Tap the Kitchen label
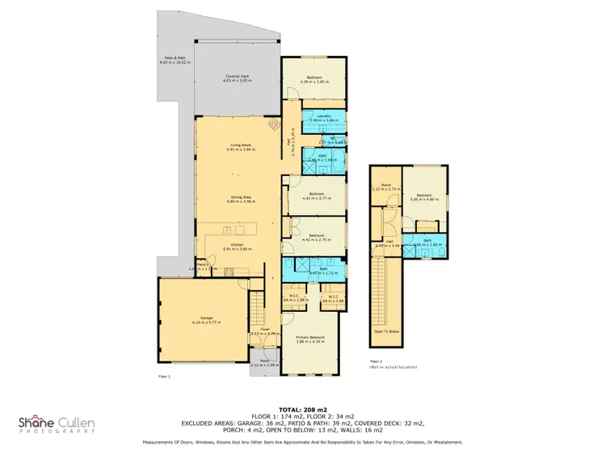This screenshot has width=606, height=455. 239,246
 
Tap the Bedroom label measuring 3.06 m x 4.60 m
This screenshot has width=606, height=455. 425,196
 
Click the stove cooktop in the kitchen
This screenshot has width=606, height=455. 241,230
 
